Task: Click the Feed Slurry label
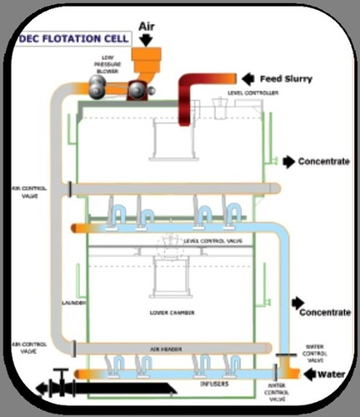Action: [288, 79]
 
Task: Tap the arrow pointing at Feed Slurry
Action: [247, 79]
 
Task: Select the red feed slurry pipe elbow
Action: [188, 88]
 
